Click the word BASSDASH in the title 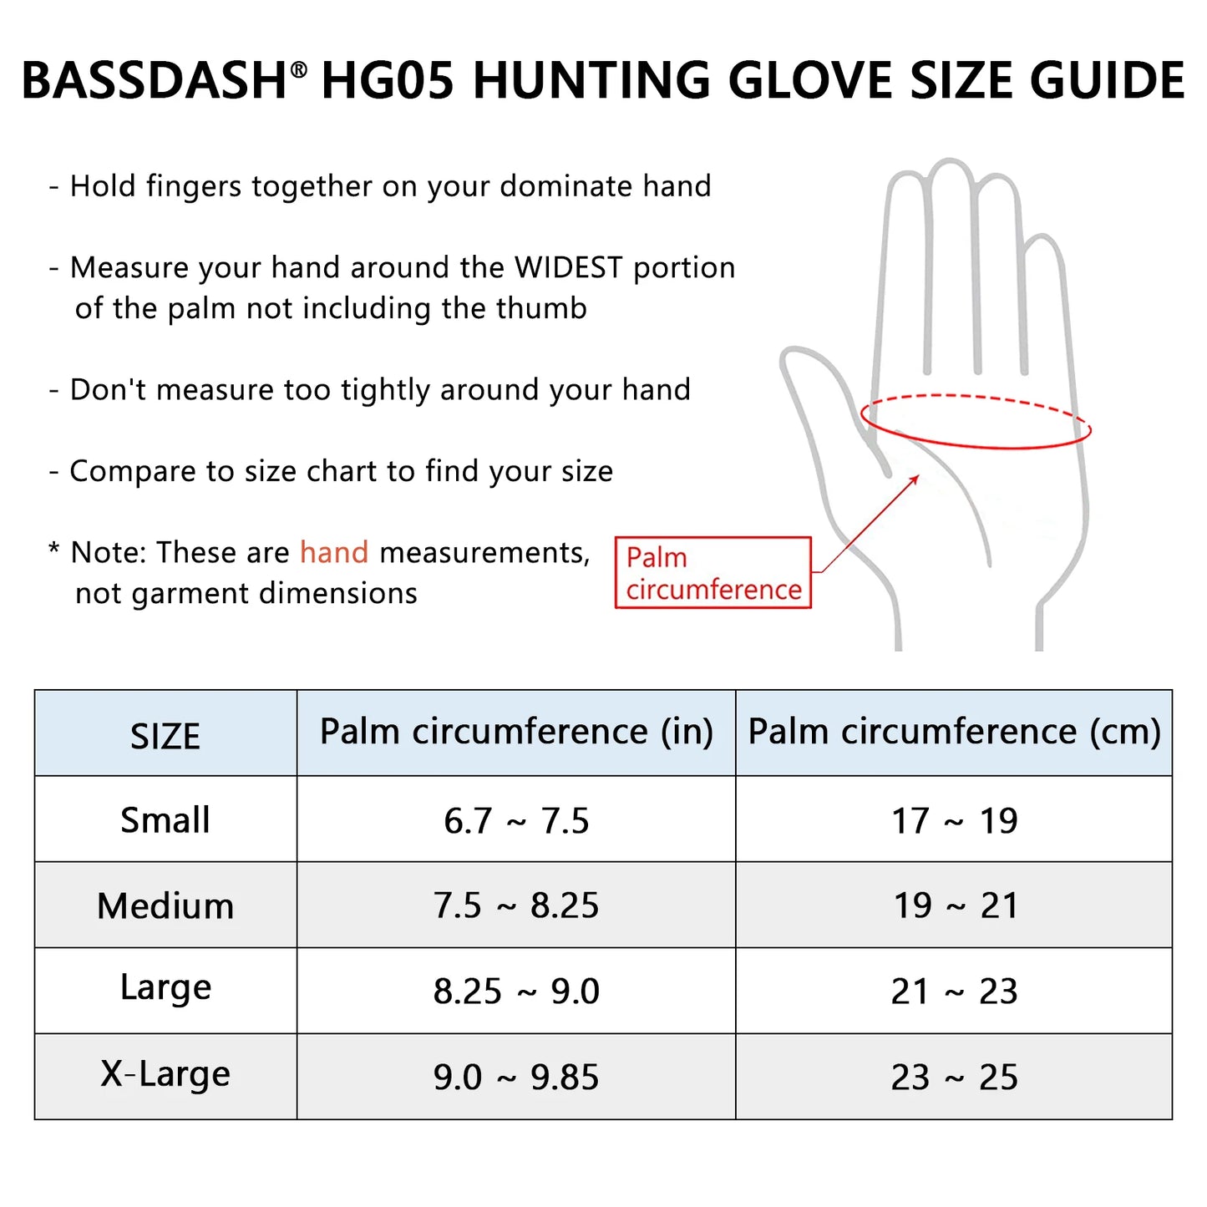(x=155, y=81)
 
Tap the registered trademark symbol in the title (x=298, y=71)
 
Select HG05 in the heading (x=388, y=81)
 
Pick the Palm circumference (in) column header (x=516, y=732)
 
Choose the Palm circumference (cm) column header (x=954, y=732)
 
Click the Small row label (x=165, y=820)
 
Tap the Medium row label (x=165, y=906)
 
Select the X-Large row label (x=165, y=1074)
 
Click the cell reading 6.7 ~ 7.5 (x=516, y=821)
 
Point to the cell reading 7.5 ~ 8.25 (x=516, y=906)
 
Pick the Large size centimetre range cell (x=954, y=991)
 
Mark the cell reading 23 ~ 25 (x=954, y=1078)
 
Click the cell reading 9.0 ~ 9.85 (x=516, y=1078)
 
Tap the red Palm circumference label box (x=713, y=573)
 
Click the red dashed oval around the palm (x=976, y=397)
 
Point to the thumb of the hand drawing (x=814, y=401)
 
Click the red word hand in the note (x=334, y=552)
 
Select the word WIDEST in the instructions (x=569, y=267)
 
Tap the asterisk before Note (x=54, y=550)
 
